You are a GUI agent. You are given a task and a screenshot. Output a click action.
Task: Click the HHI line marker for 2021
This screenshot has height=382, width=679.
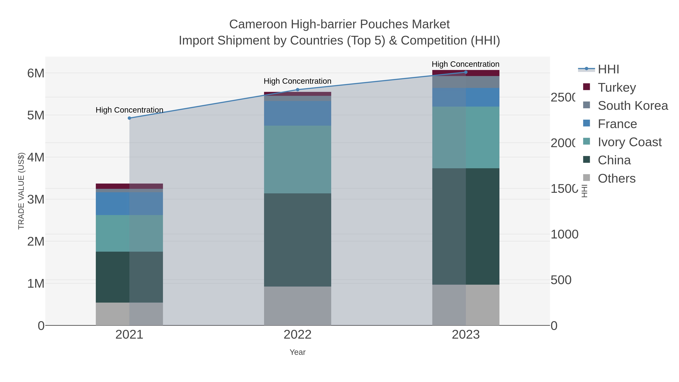129,118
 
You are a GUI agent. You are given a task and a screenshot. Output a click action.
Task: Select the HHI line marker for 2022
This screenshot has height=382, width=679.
298,90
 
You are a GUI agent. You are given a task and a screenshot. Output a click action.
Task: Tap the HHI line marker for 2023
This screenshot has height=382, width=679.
466,72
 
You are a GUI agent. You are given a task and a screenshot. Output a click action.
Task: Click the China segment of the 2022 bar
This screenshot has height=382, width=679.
298,240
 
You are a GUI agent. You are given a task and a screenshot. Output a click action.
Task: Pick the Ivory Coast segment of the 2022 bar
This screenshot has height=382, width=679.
298,159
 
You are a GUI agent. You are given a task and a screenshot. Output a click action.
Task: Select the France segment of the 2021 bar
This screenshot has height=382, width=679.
129,204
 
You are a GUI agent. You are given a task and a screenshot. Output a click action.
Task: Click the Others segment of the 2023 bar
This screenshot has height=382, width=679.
466,305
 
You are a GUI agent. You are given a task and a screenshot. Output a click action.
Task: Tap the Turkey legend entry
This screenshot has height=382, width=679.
617,88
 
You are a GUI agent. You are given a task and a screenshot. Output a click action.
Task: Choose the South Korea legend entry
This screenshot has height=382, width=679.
632,106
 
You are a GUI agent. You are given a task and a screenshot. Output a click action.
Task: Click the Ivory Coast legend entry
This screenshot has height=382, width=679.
629,142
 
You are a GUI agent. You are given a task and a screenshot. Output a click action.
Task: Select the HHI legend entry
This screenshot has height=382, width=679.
608,69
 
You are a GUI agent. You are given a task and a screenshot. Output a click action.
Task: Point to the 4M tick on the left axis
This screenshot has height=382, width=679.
36,157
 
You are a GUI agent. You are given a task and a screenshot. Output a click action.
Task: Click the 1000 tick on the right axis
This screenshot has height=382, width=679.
564,234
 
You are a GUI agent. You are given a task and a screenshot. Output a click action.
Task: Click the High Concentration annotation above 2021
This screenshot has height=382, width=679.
129,110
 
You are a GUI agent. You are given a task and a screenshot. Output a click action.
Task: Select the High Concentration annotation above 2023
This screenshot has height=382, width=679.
465,64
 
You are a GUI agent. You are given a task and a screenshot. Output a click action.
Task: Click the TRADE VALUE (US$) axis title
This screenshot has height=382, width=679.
21,191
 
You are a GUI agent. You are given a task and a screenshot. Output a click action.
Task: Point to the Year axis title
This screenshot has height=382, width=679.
298,352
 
